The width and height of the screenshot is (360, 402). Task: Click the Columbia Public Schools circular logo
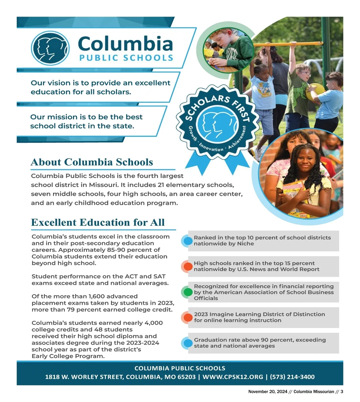(x=50, y=48)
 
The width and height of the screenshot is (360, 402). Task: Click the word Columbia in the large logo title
(x=125, y=44)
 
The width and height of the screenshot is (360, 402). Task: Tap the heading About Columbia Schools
(x=92, y=162)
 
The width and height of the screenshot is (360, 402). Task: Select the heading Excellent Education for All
(x=98, y=222)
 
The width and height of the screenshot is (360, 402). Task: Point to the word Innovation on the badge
(x=211, y=147)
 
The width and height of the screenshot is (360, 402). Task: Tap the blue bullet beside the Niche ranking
(x=187, y=241)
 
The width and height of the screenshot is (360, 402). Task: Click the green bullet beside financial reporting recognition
(x=187, y=292)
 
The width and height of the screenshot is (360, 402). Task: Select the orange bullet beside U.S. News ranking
(x=187, y=266)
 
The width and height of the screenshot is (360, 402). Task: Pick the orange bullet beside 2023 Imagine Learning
(x=187, y=317)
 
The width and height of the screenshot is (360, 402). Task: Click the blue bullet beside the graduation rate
(x=187, y=343)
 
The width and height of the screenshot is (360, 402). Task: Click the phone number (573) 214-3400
(x=292, y=377)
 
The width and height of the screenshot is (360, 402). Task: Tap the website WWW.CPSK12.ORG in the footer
(x=233, y=377)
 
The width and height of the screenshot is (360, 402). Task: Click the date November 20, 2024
(x=268, y=391)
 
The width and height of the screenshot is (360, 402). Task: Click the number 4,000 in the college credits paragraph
(x=153, y=323)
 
